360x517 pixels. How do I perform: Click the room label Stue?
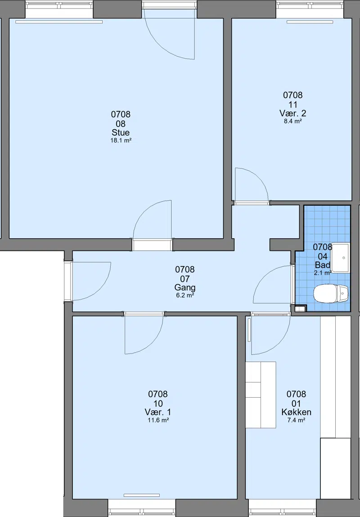click(121, 132)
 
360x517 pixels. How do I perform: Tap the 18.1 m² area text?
click(121, 141)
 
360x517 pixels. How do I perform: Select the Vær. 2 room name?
click(293, 113)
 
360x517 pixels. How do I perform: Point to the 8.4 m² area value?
click(293, 121)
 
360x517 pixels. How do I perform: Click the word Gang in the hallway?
click(185, 287)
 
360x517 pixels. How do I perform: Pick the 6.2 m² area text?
click(185, 295)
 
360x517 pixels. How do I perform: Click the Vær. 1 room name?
click(158, 412)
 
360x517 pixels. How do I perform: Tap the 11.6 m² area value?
click(158, 420)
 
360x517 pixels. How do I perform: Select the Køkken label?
click(296, 412)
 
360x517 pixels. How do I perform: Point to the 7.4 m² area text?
click(296, 420)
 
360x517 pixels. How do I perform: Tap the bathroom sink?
click(340, 258)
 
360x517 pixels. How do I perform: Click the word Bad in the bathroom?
click(322, 265)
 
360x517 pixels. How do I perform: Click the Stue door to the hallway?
click(152, 219)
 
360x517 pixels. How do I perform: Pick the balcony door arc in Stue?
click(170, 35)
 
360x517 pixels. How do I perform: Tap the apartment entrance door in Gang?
click(91, 281)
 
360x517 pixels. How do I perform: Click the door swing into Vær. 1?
click(144, 335)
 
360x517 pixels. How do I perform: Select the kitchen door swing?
click(271, 335)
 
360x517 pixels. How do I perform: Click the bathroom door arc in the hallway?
click(273, 285)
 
